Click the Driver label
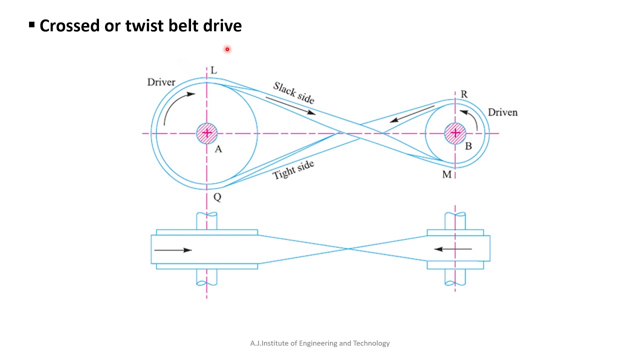point(161,82)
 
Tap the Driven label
point(502,112)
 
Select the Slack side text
point(293,93)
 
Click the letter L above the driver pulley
point(214,70)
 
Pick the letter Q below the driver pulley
point(217,197)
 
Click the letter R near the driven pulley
point(464,94)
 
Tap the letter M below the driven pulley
point(446,174)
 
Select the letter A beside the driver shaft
point(218,149)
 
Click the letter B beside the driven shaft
point(468,146)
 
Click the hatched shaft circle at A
point(206,133)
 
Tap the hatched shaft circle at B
point(455,133)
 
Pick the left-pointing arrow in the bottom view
point(452,248)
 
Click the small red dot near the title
point(227,49)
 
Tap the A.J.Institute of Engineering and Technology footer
point(320,343)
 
